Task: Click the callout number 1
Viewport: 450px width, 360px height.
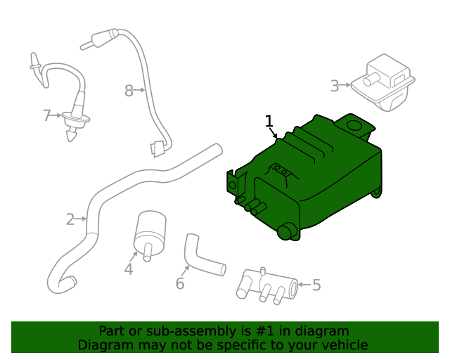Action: (269, 121)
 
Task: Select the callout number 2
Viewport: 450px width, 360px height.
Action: (70, 219)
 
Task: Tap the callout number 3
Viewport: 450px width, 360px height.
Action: (335, 86)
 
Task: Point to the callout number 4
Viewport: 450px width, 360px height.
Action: (129, 269)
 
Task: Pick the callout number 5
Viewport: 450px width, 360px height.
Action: (316, 285)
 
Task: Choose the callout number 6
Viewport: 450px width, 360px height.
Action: (180, 283)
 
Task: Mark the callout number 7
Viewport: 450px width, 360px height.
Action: (47, 115)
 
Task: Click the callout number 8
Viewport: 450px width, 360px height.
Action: (129, 90)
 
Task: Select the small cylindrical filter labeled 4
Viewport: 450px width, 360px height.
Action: (148, 229)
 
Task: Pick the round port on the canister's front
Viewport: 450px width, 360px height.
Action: (288, 232)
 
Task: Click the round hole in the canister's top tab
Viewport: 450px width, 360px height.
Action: (355, 126)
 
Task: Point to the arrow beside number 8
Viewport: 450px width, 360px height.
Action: (141, 90)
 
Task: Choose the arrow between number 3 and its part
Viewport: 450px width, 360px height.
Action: (347, 86)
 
